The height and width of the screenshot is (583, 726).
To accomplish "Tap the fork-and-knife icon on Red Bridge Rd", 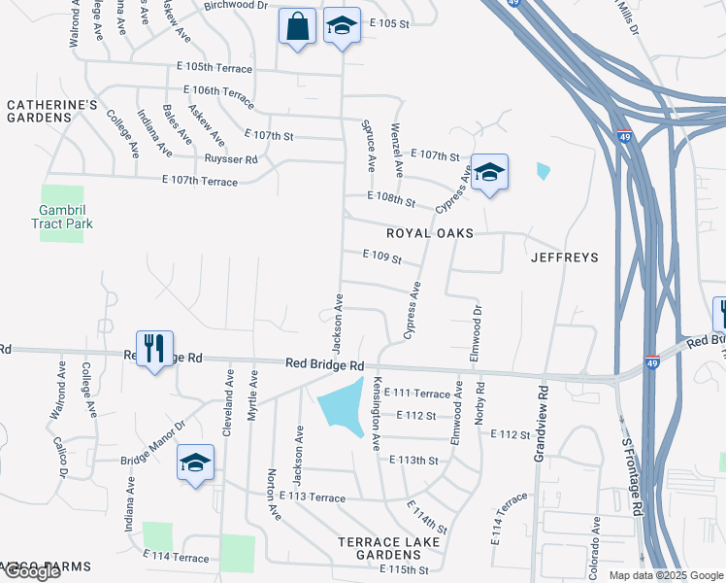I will coord(154,349).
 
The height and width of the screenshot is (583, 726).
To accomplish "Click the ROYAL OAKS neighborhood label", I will coord(430,234).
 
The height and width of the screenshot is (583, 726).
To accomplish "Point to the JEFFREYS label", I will coord(564,257).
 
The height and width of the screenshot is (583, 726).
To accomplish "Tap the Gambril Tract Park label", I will coord(66,217).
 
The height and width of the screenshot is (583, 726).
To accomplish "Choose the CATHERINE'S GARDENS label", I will coord(40,111).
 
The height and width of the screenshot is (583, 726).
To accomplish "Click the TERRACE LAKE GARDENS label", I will coord(389,548).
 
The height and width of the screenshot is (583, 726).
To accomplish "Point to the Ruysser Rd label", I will coord(231,159).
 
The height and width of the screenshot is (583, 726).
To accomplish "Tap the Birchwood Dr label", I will coord(236,5).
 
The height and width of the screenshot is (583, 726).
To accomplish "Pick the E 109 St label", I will coord(381,256).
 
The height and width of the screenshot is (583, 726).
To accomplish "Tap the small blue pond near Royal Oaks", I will coord(543,172).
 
